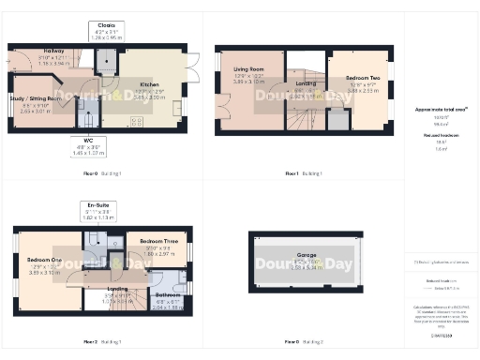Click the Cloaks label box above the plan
point(106,30)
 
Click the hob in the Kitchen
point(138,119)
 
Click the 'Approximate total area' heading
point(441,109)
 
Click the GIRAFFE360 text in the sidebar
point(441,334)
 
